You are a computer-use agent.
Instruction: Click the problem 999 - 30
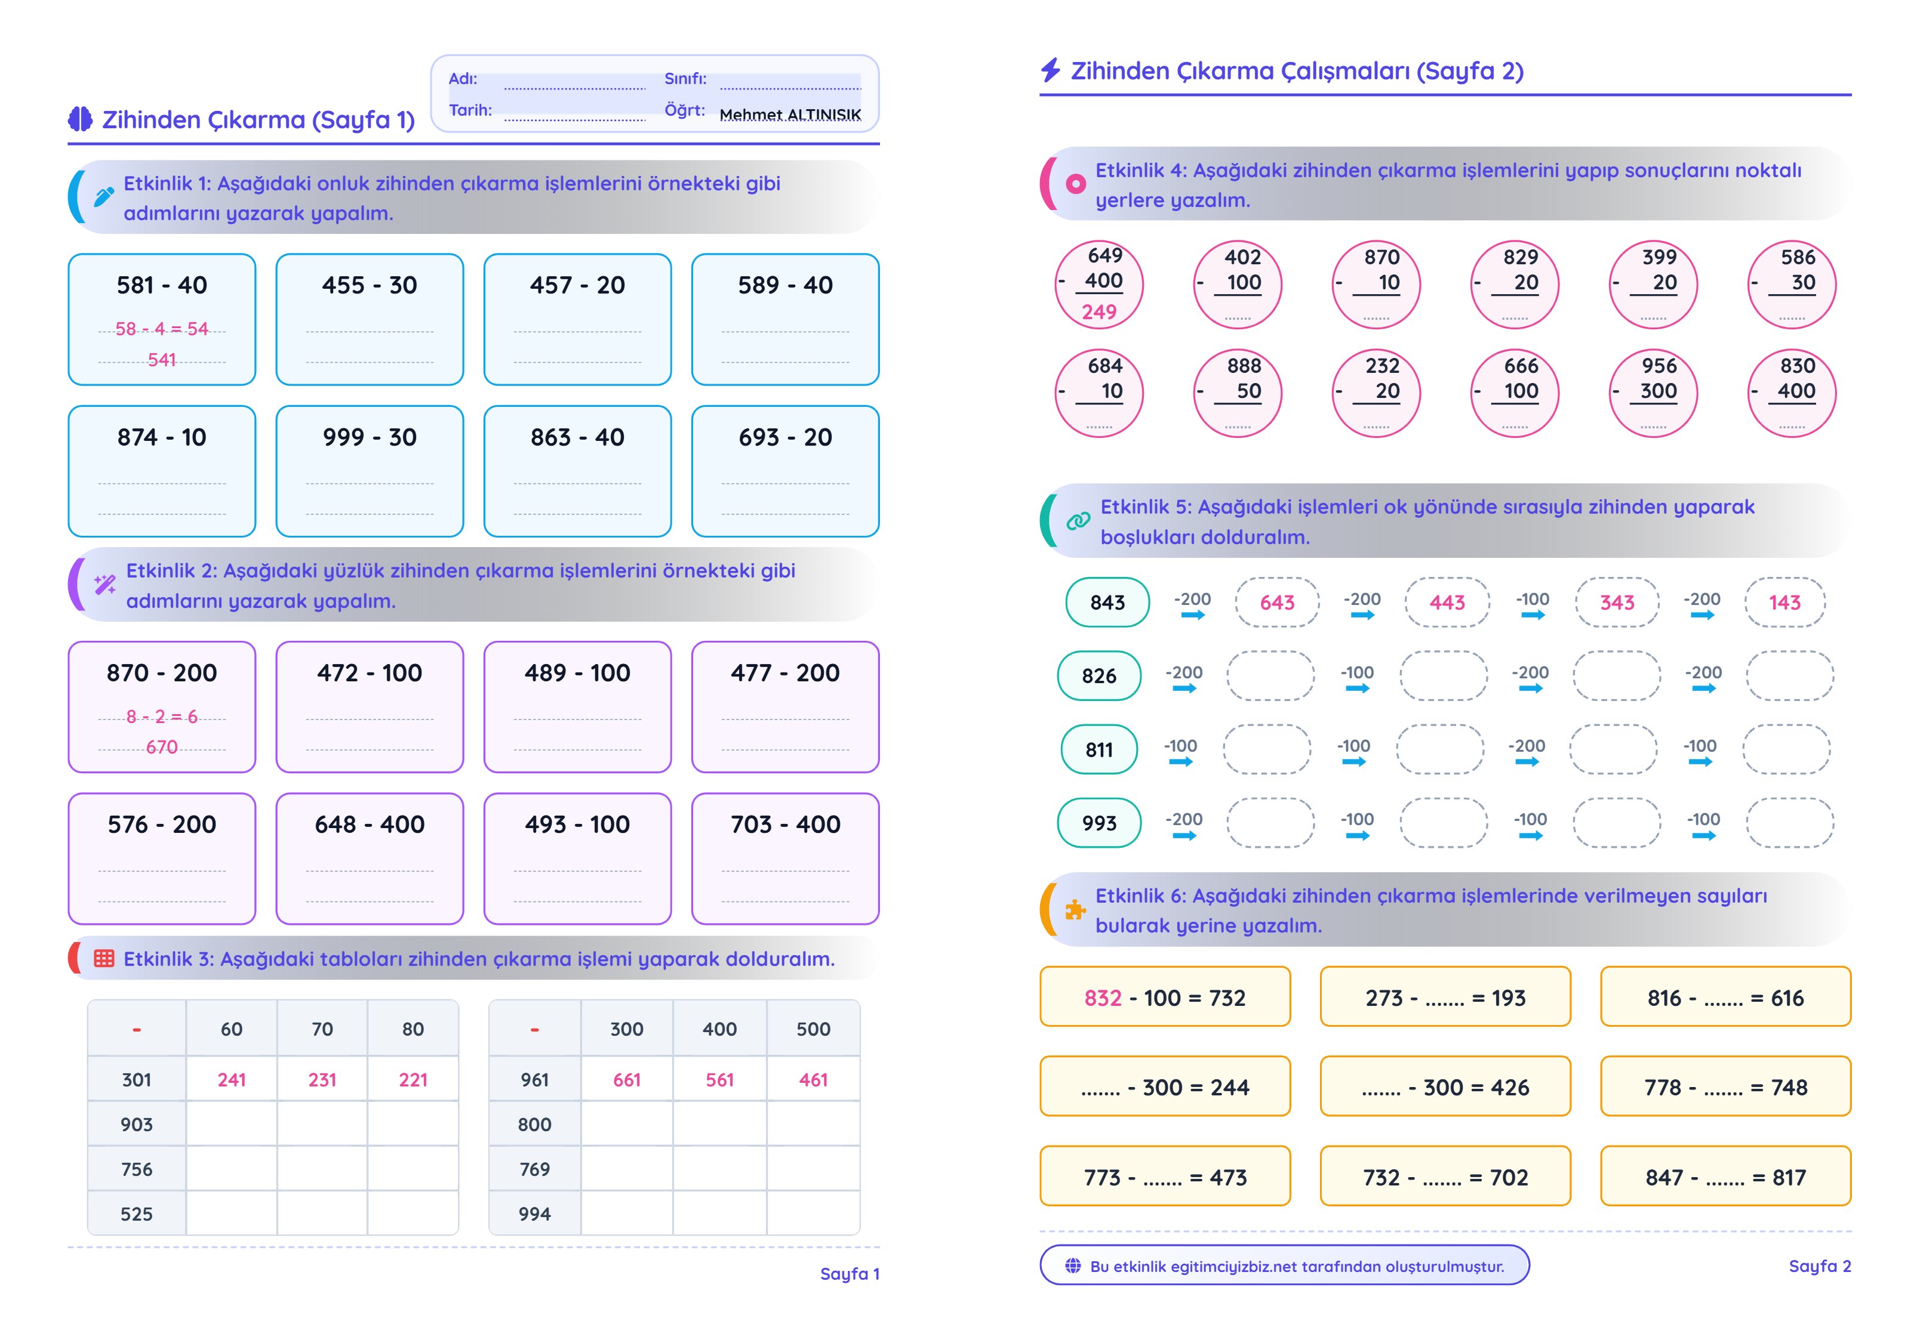point(370,437)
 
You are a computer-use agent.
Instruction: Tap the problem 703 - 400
point(785,825)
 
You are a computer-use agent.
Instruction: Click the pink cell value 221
point(413,1080)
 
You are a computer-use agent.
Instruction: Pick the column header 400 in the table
point(719,1029)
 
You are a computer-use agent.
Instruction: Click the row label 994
point(534,1214)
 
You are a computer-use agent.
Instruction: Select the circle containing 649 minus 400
point(1099,284)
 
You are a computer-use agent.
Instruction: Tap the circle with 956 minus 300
point(1653,393)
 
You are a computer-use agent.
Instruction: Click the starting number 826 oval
point(1099,675)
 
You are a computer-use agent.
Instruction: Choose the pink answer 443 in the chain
point(1448,603)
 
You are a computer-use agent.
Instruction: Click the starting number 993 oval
point(1099,823)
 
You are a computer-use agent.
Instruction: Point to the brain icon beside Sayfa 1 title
point(80,119)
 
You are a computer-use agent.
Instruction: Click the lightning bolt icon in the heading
point(1050,70)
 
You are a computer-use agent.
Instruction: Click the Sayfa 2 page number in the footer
point(1820,1267)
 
